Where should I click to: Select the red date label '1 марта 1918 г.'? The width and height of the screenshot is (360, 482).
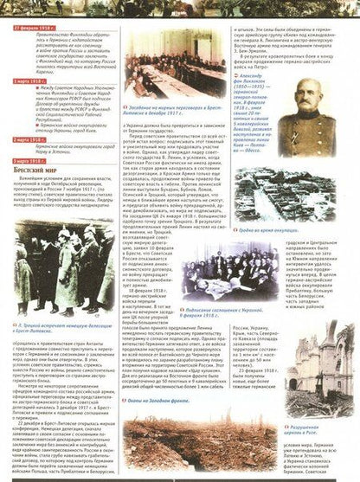(x=30, y=80)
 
